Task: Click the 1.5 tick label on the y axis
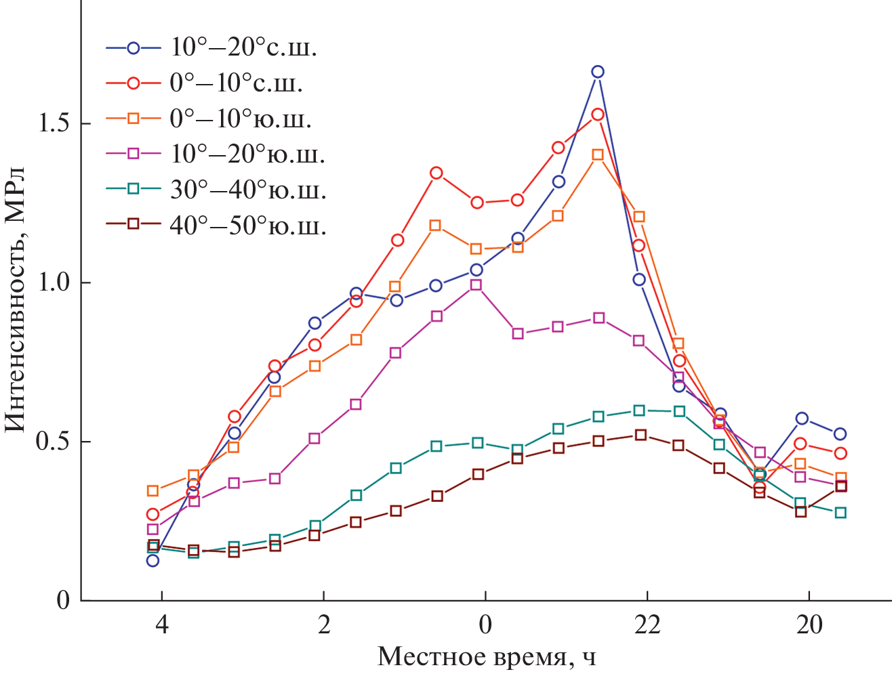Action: (x=55, y=123)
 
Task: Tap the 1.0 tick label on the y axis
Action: (x=55, y=282)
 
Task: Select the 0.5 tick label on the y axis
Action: (x=55, y=442)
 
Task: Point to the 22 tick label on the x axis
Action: (x=647, y=624)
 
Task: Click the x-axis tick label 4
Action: (x=161, y=624)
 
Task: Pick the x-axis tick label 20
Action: (x=809, y=624)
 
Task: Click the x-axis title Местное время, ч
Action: (x=487, y=656)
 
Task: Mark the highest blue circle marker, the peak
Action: (x=597, y=72)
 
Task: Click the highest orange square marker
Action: (x=598, y=154)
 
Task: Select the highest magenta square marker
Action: (x=477, y=285)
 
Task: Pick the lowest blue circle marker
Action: (x=153, y=560)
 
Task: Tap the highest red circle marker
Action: (x=597, y=114)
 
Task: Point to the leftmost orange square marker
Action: (x=153, y=490)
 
